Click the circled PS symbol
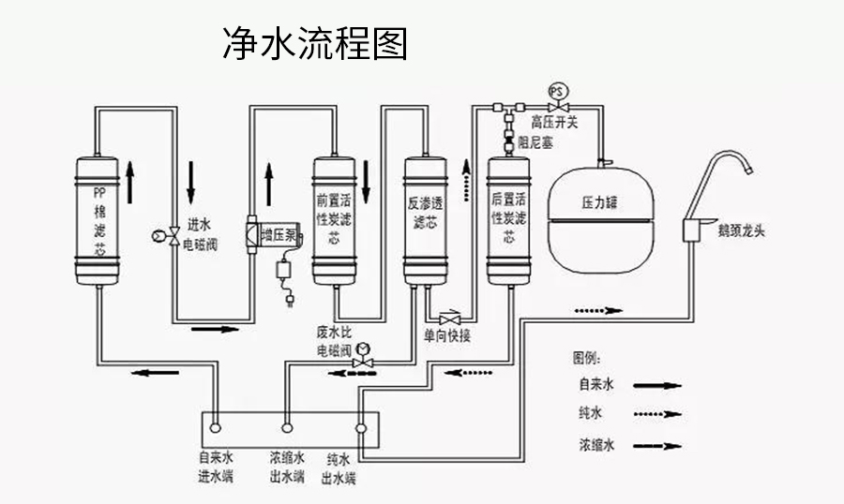click(x=557, y=91)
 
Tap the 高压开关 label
click(x=556, y=122)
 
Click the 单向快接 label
click(x=446, y=335)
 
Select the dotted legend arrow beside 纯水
click(x=657, y=413)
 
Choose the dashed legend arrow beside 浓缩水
click(x=657, y=443)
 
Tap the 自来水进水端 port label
click(x=215, y=467)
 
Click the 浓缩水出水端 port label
click(x=287, y=467)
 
